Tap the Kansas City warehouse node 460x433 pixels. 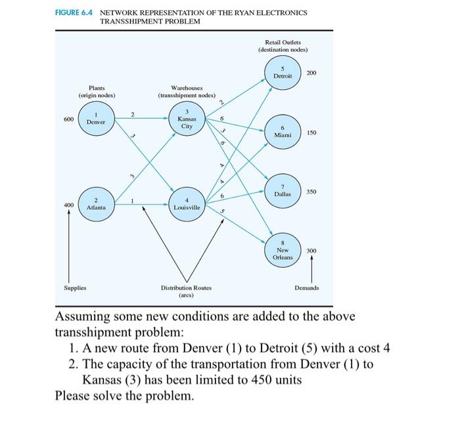187,119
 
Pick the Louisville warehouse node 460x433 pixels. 187,203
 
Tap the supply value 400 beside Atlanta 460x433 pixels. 68,205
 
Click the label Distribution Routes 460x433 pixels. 187,288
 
